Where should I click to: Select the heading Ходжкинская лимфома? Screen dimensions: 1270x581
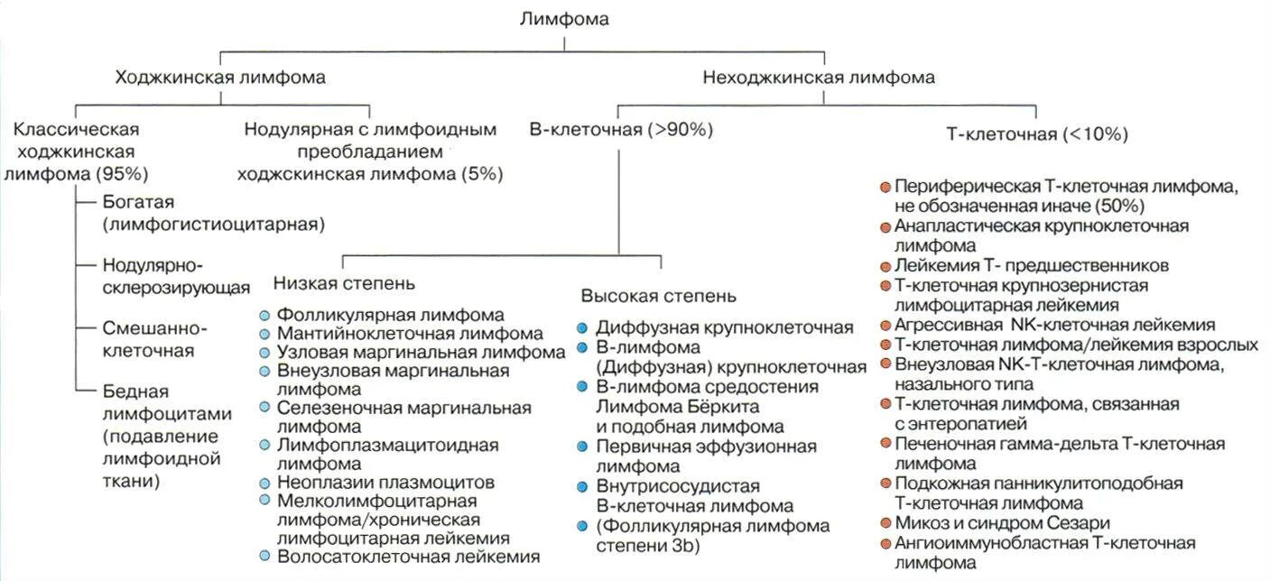tap(220, 78)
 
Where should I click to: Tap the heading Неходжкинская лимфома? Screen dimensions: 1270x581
tap(819, 78)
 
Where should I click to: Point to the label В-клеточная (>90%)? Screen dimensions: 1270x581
tap(621, 130)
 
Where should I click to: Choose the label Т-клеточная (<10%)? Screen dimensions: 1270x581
tap(1037, 134)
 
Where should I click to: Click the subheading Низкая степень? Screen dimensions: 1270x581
tap(344, 283)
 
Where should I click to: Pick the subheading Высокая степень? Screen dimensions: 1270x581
tap(658, 296)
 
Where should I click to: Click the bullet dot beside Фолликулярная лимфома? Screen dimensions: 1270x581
tap(264, 316)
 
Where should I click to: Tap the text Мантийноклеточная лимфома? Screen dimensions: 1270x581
tap(411, 334)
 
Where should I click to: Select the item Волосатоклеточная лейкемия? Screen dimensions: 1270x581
tap(409, 557)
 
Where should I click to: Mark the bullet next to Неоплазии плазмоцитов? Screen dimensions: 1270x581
tap(264, 483)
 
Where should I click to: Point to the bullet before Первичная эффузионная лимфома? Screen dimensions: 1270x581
tap(582, 447)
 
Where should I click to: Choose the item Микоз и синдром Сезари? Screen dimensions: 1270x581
tap(1002, 523)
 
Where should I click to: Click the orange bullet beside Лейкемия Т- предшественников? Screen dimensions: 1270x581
tap(885, 266)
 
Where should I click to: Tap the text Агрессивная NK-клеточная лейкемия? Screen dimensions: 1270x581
tap(1054, 325)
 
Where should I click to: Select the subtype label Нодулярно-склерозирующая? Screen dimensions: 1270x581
tap(176, 277)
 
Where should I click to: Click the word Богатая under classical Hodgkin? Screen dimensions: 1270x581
tap(138, 201)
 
